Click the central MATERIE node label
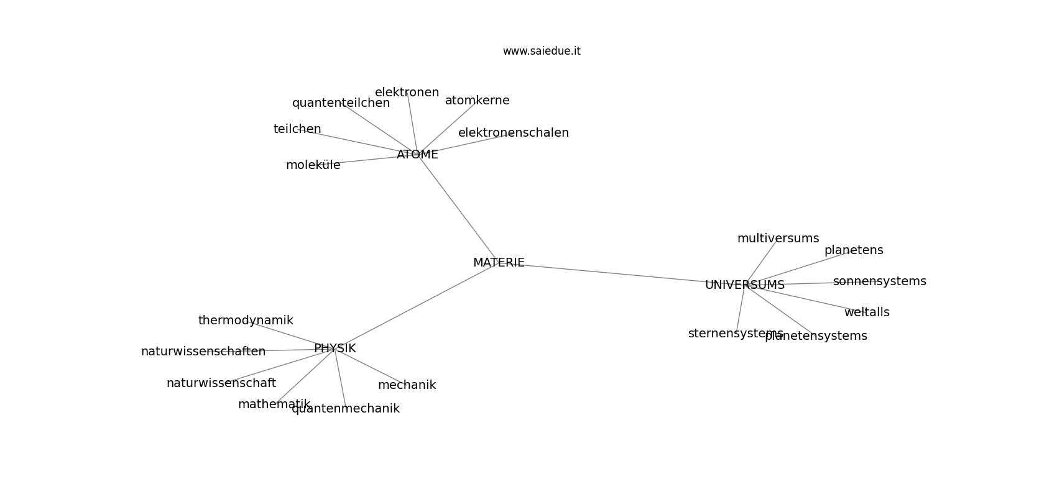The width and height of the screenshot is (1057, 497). click(x=499, y=263)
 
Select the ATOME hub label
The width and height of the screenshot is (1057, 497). click(x=418, y=155)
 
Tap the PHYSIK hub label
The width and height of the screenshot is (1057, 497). click(x=335, y=349)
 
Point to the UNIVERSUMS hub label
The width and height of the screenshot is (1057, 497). click(x=745, y=285)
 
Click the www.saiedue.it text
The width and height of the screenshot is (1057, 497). click(x=542, y=52)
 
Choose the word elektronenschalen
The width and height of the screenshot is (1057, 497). click(x=514, y=133)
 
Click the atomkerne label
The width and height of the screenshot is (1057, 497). click(x=477, y=101)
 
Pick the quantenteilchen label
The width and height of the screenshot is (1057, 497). click(x=341, y=103)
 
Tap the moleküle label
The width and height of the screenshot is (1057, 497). click(x=313, y=165)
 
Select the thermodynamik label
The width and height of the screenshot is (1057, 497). click(x=246, y=321)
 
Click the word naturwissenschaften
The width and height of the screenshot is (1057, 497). click(x=203, y=352)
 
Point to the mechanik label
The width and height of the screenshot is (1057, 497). click(x=407, y=385)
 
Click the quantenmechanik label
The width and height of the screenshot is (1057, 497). click(x=346, y=409)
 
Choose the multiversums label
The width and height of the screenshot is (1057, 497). click(x=778, y=239)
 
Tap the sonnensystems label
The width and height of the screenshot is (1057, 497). click(x=880, y=281)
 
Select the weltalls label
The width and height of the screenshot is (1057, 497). click(x=867, y=312)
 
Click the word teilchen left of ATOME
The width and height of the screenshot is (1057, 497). click(x=297, y=129)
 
